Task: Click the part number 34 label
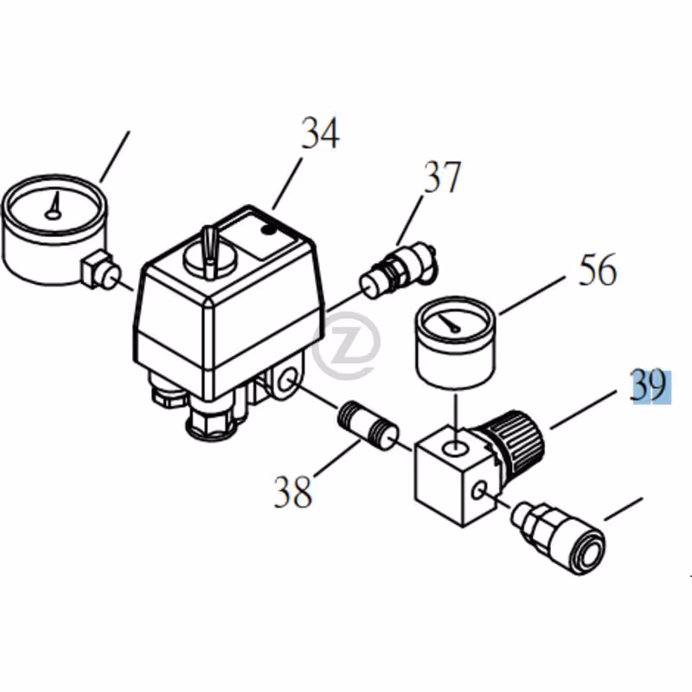coord(320,133)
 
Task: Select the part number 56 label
coord(598,270)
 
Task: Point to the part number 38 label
coord(292,491)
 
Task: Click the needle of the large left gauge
coord(55,204)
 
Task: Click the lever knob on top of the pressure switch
coord(209,251)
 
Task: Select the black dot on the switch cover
coord(268,230)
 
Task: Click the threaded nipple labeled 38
coord(369,425)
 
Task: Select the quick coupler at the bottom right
coord(558,537)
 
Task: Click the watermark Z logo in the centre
coord(347,345)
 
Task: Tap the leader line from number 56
coord(532,295)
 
